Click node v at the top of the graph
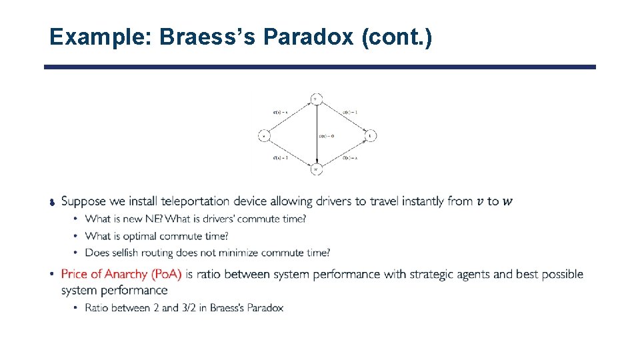tap(316, 99)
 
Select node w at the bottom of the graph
tap(316, 169)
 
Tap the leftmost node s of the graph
tap(263, 135)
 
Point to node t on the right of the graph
tap(371, 135)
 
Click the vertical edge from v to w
tap(316, 120)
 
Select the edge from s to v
tap(289, 117)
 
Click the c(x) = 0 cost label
tap(326, 136)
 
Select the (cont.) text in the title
tap(396, 37)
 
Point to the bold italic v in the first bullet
tap(481, 201)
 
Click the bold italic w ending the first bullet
tap(508, 201)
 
